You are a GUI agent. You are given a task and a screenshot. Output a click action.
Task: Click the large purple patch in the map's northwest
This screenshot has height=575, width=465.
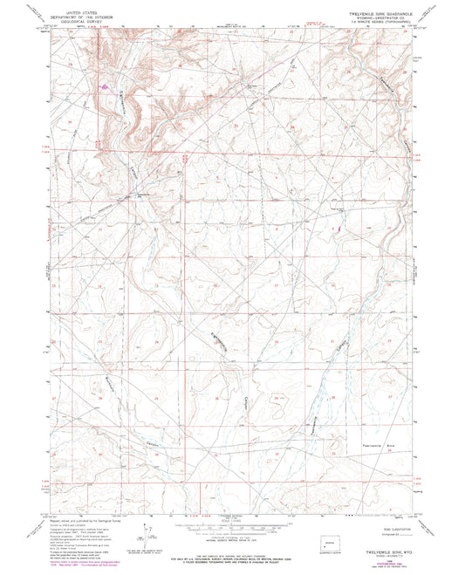(106, 86)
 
